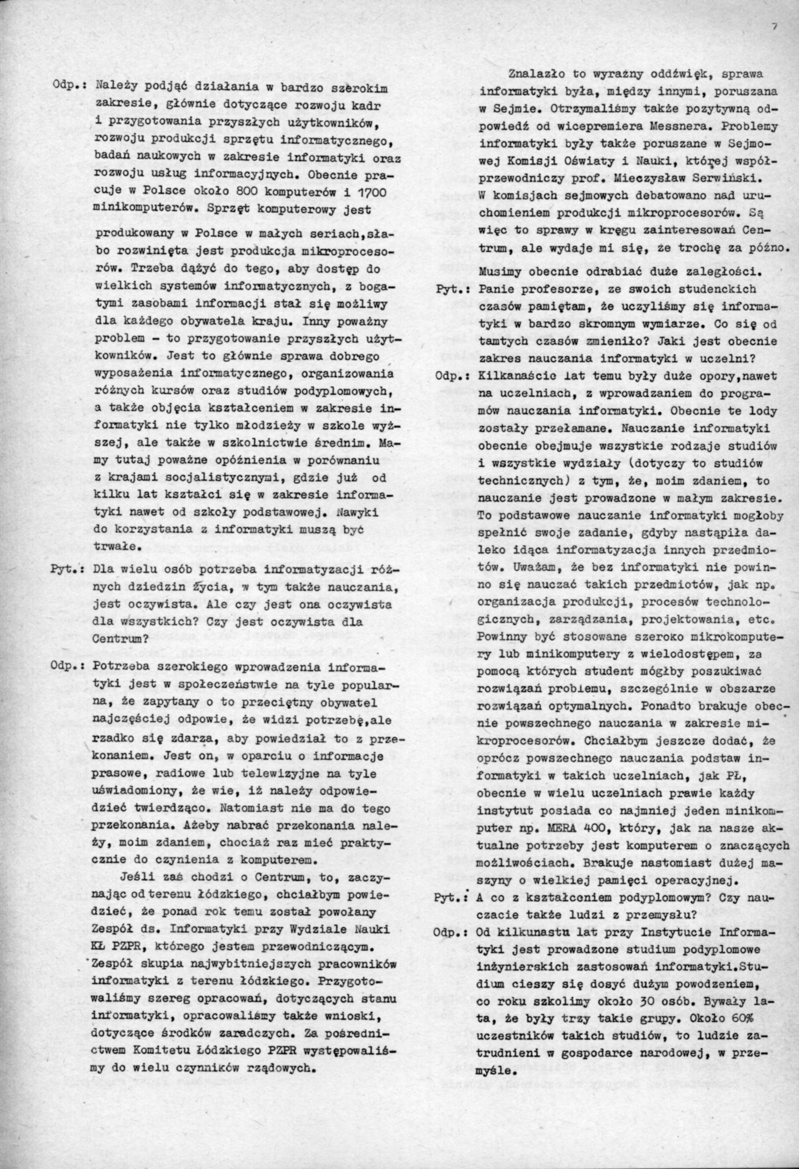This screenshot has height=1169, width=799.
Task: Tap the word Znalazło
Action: [537, 74]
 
